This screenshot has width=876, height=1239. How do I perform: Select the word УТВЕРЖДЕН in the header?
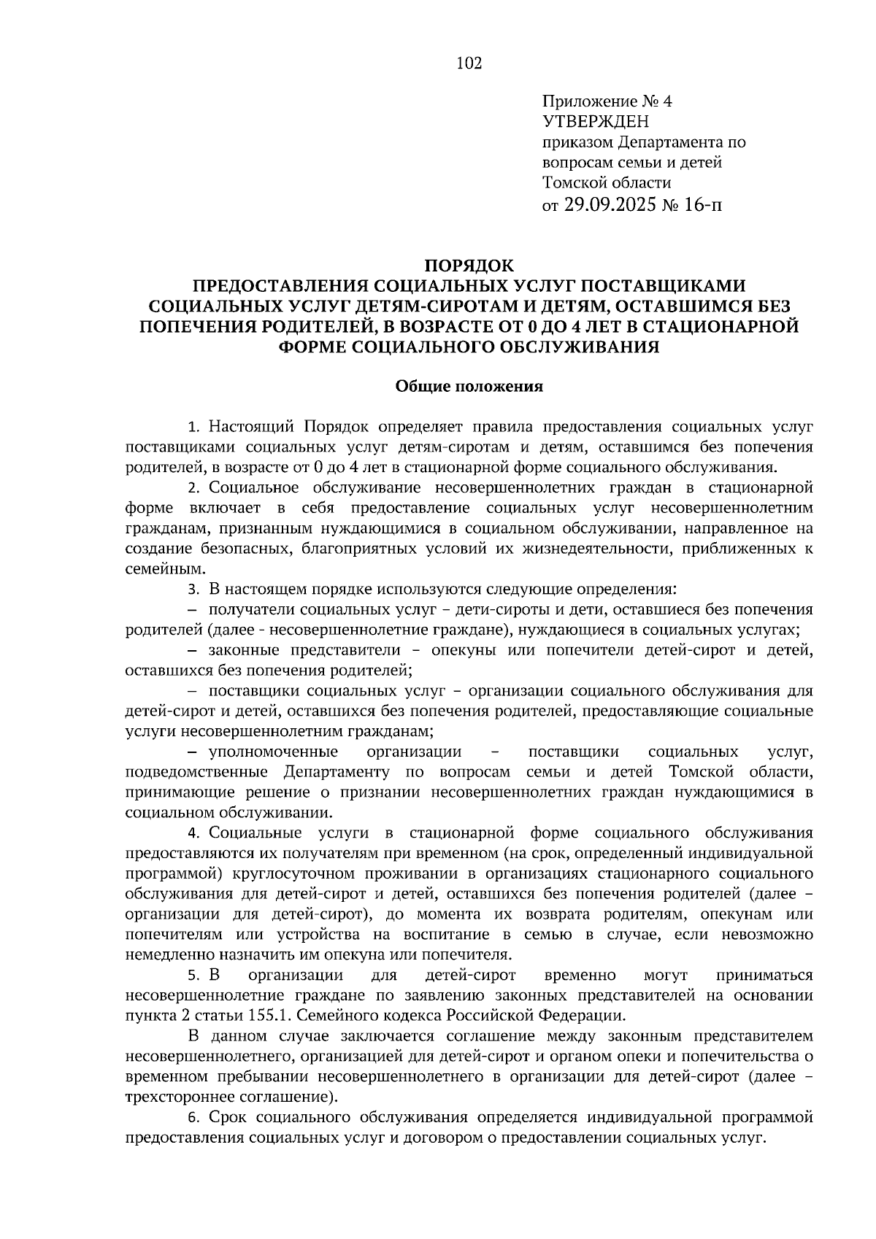coord(596,121)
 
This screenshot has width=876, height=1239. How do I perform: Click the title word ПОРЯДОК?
coord(469,264)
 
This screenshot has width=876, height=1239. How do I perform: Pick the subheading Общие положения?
coord(469,387)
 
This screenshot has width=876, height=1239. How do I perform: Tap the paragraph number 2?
coord(193,487)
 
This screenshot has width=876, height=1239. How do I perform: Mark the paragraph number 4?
coord(193,833)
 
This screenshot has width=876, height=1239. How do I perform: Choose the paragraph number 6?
coord(193,1117)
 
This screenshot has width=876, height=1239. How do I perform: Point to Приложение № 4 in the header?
coord(607,101)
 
